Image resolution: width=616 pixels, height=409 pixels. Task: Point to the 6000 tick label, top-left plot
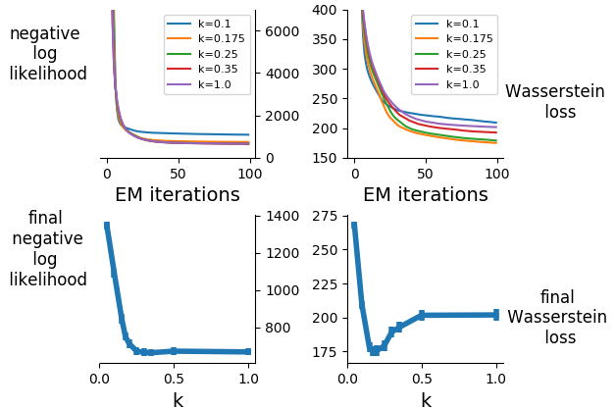click(282, 31)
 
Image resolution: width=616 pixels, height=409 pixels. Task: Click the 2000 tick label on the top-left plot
click(282, 116)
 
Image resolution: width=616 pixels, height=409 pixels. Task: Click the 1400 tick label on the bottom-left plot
click(282, 216)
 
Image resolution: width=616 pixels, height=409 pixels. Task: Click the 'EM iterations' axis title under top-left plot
click(178, 194)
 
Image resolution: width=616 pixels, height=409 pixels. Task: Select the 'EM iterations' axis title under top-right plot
click(426, 194)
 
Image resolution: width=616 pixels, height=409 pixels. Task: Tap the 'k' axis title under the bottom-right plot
click(426, 399)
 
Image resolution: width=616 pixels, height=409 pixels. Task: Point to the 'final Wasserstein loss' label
click(556, 317)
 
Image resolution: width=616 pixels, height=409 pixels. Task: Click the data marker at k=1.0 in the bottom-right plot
click(496, 315)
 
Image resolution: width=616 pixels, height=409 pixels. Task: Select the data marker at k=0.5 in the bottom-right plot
click(422, 315)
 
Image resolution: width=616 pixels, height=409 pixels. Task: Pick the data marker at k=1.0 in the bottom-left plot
click(248, 351)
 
